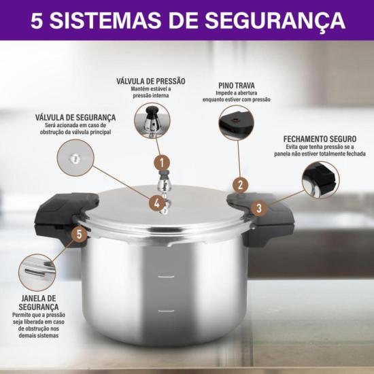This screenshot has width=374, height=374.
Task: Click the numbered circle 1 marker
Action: click(161, 163)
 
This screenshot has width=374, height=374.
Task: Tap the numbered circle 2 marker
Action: click(239, 185)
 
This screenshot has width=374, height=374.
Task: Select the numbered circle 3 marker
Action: click(258, 208)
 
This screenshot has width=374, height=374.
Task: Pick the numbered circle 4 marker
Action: click(157, 202)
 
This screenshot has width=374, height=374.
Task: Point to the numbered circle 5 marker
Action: click(80, 235)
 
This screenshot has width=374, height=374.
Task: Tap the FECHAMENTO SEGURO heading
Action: click(319, 139)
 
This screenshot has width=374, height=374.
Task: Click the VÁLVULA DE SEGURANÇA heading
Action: click(75, 117)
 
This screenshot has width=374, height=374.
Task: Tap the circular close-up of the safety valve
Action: click(75, 158)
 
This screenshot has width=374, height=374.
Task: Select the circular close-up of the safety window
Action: click(37, 272)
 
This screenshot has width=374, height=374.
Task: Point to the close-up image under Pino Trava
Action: click(236, 123)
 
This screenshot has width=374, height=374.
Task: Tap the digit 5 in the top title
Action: click(38, 20)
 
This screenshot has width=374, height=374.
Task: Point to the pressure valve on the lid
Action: click(163, 187)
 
